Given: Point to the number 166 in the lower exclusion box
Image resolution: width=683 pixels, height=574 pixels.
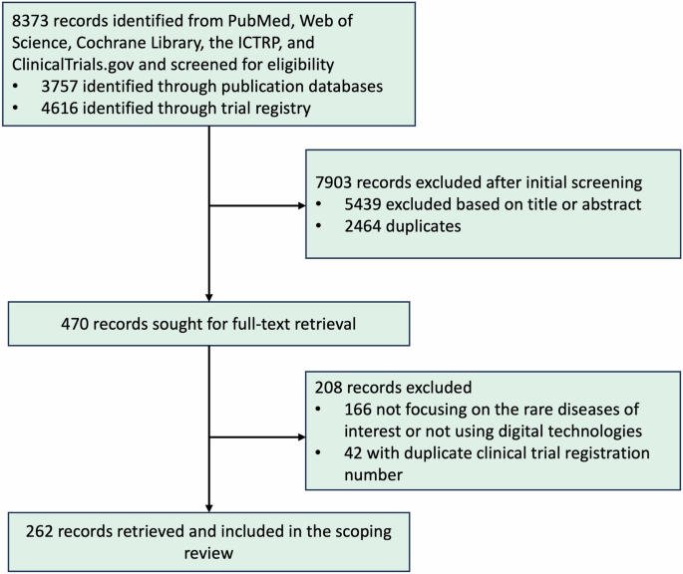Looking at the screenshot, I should click(x=355, y=409).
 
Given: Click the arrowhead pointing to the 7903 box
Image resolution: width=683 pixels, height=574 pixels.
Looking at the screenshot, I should click(x=302, y=207).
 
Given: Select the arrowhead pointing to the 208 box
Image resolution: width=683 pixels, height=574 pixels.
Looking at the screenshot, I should click(x=302, y=434).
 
